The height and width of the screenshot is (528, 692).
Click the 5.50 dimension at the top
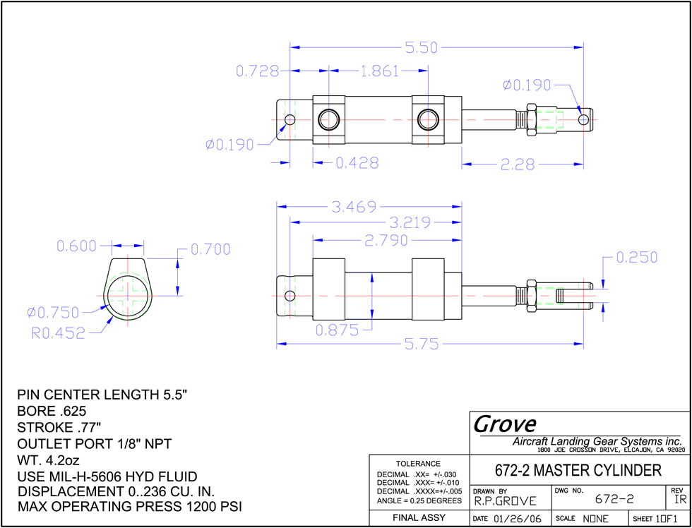[422, 47]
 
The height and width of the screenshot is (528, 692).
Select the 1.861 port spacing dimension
[380, 71]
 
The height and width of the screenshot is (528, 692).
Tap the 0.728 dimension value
[258, 71]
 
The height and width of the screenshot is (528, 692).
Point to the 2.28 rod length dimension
[517, 164]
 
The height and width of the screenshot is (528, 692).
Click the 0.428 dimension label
[357, 163]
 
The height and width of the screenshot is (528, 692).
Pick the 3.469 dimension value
[354, 206]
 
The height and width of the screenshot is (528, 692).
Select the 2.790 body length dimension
[386, 241]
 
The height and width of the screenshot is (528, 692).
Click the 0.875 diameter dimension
[338, 330]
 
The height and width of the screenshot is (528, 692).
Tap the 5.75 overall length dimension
[422, 344]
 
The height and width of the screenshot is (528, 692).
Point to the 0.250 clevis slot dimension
[637, 257]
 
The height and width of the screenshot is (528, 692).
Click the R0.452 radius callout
[58, 333]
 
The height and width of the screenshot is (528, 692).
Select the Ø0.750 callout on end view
[53, 312]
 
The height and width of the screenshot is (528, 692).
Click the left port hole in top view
[329, 119]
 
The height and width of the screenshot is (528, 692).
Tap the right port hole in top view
[428, 119]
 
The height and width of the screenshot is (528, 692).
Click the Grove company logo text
[505, 425]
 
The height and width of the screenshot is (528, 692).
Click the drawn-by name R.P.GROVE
[506, 501]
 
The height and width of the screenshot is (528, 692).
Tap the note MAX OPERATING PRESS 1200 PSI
[130, 506]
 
